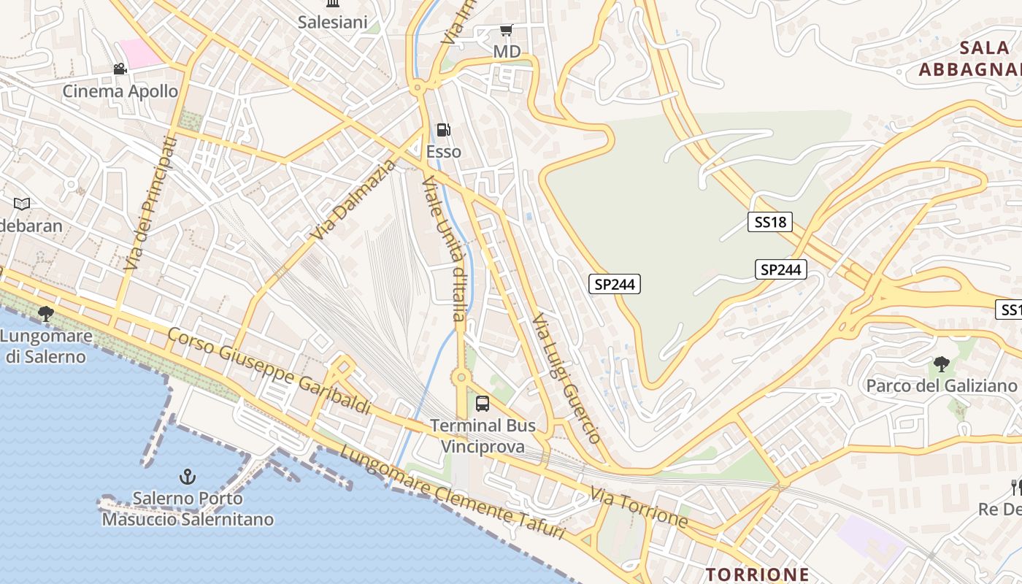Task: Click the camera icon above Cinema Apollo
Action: pos(120,69)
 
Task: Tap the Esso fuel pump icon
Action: pos(443,131)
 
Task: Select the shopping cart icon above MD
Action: pos(506,31)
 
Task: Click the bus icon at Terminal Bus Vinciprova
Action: pos(482,403)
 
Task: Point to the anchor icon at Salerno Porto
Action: pos(188,477)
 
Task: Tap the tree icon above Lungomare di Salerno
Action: pos(46,314)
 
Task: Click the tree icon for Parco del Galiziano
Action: pos(941,364)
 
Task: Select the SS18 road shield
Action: pos(769,222)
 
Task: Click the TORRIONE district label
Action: pos(757,574)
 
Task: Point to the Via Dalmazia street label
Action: pos(353,199)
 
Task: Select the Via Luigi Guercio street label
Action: pos(566,379)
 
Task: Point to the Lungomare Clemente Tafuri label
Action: pos(453,493)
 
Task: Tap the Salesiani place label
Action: pos(332,23)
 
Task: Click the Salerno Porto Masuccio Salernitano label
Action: pos(188,509)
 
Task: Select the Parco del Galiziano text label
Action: pos(941,385)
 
